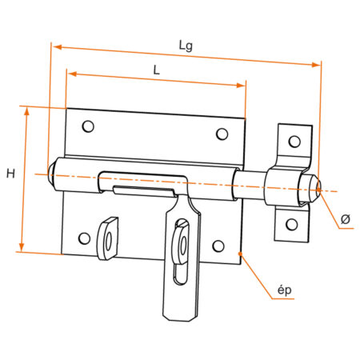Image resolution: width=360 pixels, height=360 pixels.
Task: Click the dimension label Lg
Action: [186, 46]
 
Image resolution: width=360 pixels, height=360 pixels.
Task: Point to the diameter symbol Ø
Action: [345, 218]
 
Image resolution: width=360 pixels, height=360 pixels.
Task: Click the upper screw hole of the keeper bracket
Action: [294, 142]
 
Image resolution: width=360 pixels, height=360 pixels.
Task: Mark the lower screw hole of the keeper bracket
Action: [290, 223]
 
